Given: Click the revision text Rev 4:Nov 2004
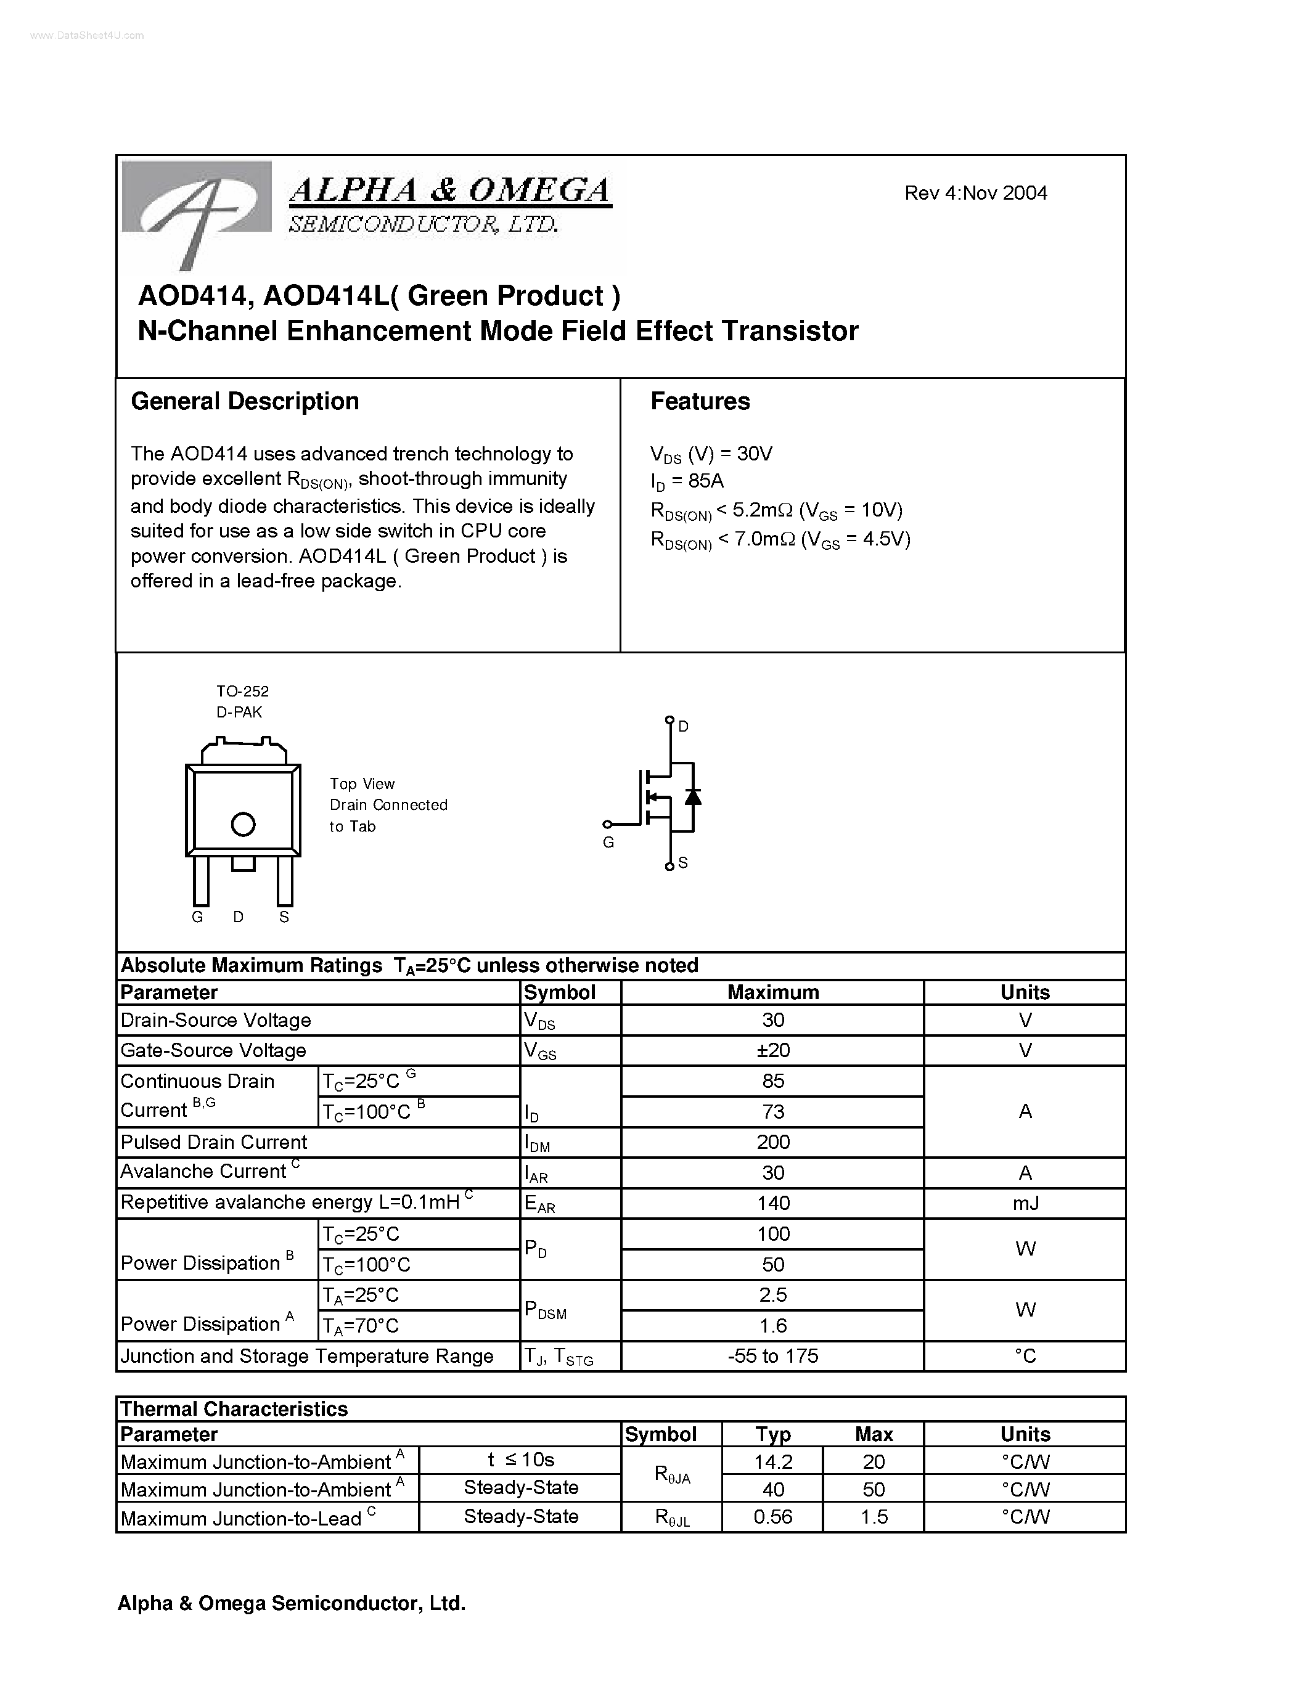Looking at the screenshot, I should [x=975, y=194].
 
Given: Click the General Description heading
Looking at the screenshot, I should [x=245, y=401].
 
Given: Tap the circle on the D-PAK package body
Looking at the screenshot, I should [x=243, y=824].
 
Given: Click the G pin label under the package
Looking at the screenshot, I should [x=197, y=917].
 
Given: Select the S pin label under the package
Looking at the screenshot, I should [x=284, y=917].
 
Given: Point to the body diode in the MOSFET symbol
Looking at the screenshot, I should [x=692, y=797].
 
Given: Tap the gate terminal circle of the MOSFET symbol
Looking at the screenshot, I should [x=608, y=824].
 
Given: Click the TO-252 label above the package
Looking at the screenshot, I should [x=242, y=691].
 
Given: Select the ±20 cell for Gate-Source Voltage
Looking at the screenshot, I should [x=772, y=1050].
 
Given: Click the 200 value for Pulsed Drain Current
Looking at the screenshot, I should [x=772, y=1142].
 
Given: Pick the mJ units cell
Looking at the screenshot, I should [x=1025, y=1203].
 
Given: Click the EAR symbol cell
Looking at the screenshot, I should [x=540, y=1204].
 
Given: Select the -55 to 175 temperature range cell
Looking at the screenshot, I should [x=772, y=1356].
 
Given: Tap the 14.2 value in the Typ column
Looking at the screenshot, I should [x=772, y=1462].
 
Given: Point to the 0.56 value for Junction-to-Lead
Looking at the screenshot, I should [x=772, y=1516].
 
